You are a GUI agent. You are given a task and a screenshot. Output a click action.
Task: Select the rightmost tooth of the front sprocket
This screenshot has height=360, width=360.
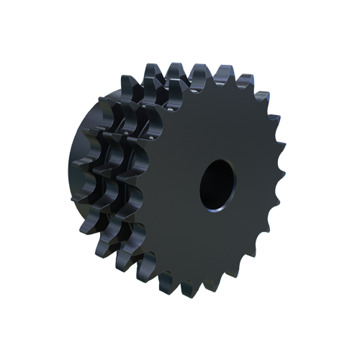282,180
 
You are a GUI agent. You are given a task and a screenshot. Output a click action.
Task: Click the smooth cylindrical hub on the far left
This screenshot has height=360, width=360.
73,180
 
